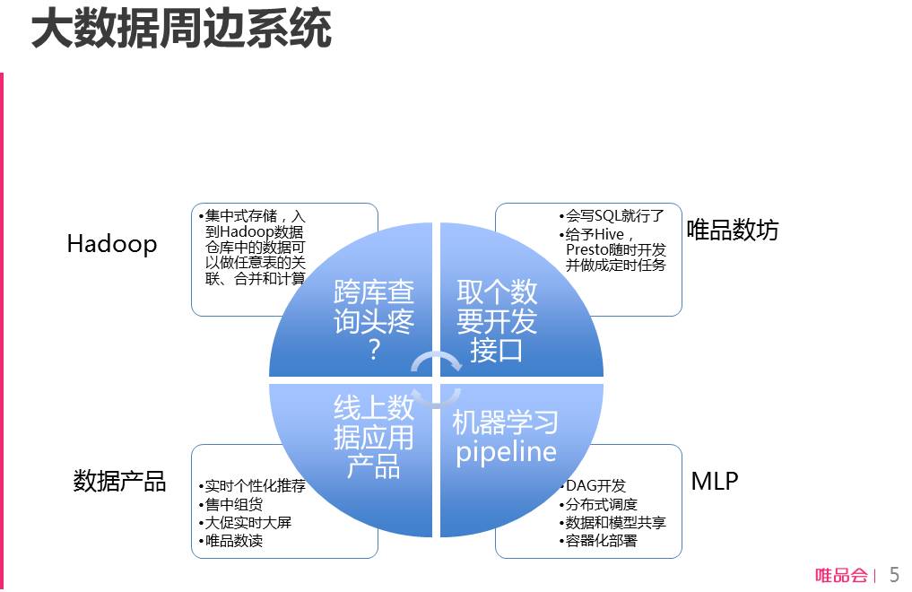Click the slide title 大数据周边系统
(181, 29)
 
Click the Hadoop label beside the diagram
(112, 244)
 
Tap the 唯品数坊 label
(733, 231)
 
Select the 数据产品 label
(119, 482)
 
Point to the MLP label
(715, 481)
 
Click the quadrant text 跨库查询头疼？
(374, 320)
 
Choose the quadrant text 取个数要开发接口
(496, 320)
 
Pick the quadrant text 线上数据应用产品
(374, 438)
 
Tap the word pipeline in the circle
(506, 451)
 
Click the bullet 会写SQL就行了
(613, 216)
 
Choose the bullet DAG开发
(595, 486)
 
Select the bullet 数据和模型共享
(615, 522)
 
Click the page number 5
(893, 575)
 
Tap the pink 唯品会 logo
(841, 576)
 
